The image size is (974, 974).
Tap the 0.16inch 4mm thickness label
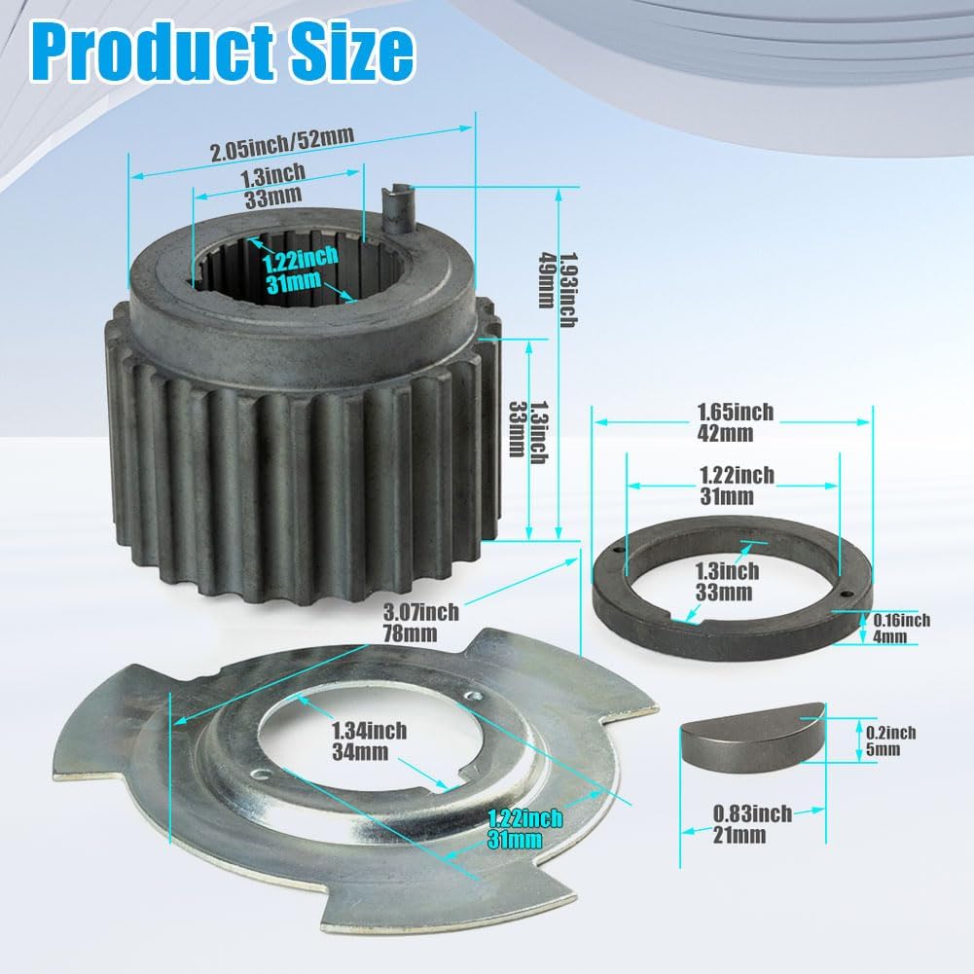point(900,629)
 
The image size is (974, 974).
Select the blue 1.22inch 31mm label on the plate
point(524,828)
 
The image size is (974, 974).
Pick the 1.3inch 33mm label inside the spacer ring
point(727,581)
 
